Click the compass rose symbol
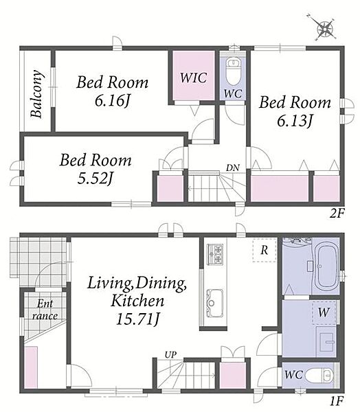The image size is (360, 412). [325, 27]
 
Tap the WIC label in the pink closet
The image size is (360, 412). [193, 78]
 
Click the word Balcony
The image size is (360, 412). [36, 93]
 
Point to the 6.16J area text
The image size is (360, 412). [113, 101]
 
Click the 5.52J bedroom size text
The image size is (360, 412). [95, 179]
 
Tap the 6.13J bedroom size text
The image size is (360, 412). [295, 121]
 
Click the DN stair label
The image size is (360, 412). [233, 168]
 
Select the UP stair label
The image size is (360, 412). [170, 355]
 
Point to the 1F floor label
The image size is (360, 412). [337, 401]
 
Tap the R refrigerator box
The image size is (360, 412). [265, 250]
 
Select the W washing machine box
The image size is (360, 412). [324, 312]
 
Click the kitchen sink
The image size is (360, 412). [215, 303]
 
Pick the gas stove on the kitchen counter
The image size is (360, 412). [215, 254]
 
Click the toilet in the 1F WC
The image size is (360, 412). [321, 375]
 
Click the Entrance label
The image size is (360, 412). [45, 310]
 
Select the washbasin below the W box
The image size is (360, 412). [327, 342]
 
